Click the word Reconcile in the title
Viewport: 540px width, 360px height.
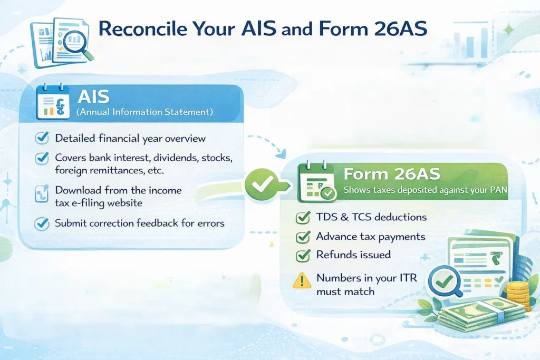tap(142, 28)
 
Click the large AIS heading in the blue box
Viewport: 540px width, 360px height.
tap(93, 96)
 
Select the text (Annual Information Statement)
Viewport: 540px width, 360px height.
tap(144, 112)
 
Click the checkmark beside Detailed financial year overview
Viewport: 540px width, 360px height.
tap(42, 138)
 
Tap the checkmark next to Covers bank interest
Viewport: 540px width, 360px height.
tap(42, 158)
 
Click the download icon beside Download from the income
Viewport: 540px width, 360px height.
tap(42, 194)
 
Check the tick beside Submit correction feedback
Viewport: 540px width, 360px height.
tap(42, 223)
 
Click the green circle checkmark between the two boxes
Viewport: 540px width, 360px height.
tap(263, 184)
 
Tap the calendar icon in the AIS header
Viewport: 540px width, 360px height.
tap(53, 102)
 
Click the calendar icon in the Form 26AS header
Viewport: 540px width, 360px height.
tap(317, 181)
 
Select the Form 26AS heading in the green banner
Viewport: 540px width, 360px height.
tap(392, 174)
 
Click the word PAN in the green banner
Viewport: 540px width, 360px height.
tap(498, 190)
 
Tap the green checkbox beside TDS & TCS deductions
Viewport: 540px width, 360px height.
tap(303, 218)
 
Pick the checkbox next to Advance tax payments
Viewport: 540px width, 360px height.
tap(303, 237)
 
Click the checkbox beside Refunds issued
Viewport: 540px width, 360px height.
tap(303, 255)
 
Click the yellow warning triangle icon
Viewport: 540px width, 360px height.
tap(302, 280)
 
